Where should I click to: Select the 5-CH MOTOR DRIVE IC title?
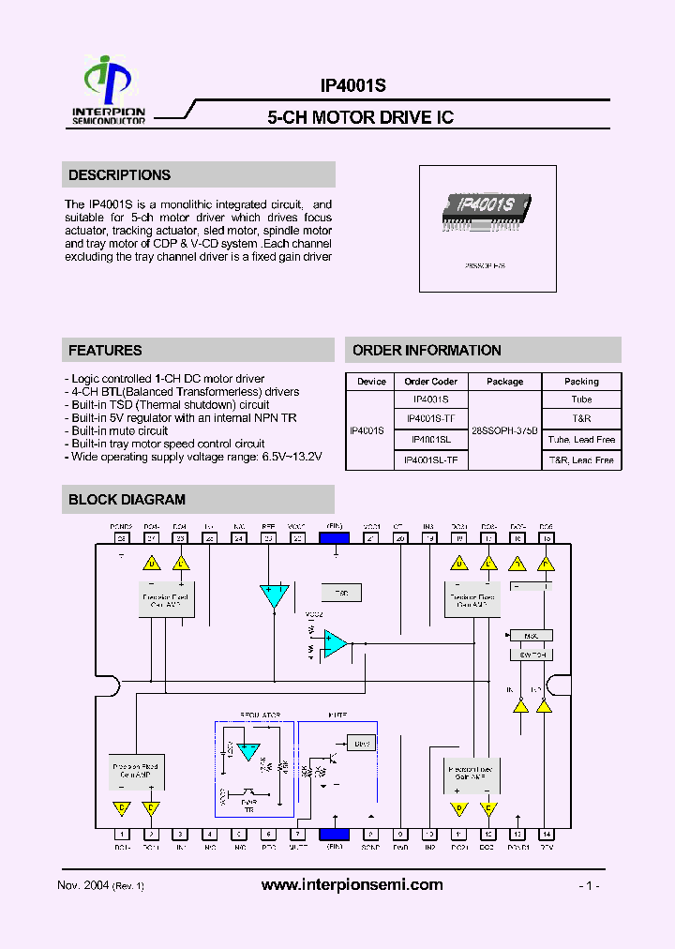tap(360, 117)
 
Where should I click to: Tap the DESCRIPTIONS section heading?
tap(119, 175)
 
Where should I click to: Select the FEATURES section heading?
tap(105, 351)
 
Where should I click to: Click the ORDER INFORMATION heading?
tap(427, 351)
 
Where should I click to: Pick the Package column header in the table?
tap(505, 382)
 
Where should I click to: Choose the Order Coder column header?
tap(430, 382)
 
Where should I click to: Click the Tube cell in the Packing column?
tap(581, 399)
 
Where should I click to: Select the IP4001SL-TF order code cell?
tap(430, 460)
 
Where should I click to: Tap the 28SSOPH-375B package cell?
tap(505, 429)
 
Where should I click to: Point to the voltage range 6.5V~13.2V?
tap(289, 457)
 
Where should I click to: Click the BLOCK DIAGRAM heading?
tap(127, 500)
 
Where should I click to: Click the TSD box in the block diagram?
tap(340, 594)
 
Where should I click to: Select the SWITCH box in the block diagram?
tap(532, 655)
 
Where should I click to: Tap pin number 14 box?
tap(547, 834)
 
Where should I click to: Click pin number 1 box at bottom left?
tap(121, 834)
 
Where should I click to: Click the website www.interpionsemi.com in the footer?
tap(352, 885)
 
